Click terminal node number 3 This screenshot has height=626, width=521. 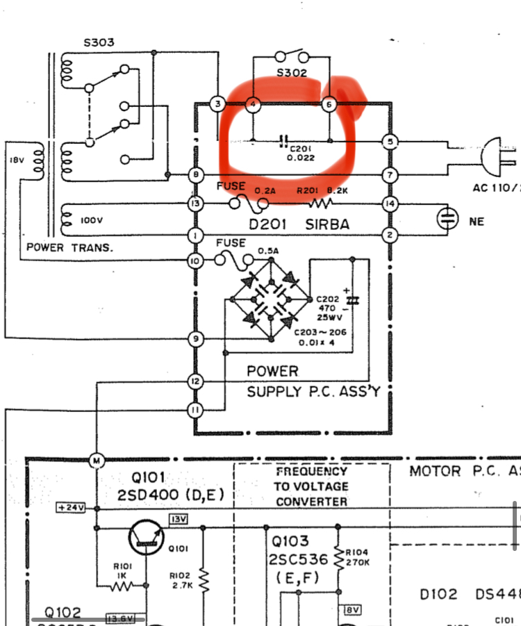(218, 105)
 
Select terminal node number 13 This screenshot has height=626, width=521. (195, 204)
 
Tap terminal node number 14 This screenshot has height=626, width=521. (390, 204)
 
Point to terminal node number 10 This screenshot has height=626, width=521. (195, 261)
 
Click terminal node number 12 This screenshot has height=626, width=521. (195, 381)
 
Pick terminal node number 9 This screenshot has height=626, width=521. (195, 338)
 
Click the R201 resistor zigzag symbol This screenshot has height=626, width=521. (322, 204)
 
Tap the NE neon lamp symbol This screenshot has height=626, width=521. (447, 220)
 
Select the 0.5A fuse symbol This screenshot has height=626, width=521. (231, 261)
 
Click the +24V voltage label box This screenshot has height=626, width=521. (71, 508)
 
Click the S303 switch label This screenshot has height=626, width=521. (99, 42)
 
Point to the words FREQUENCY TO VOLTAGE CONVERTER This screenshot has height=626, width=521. (311, 486)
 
